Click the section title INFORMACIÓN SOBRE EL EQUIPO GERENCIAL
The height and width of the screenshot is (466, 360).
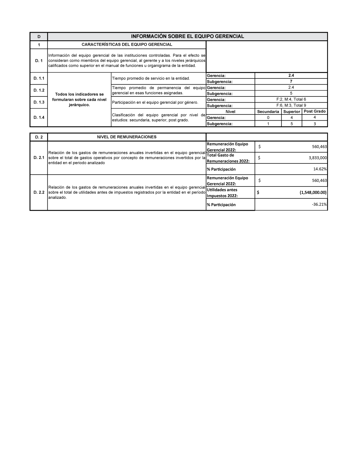[x=187, y=36]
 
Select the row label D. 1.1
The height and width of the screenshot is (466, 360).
[x=39, y=78]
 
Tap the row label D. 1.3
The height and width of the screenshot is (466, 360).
[x=39, y=102]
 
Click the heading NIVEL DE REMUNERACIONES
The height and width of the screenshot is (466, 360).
[x=127, y=137]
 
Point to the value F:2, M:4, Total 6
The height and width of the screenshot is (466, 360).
[x=291, y=99]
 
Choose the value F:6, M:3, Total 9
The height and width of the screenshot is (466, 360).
[x=291, y=106]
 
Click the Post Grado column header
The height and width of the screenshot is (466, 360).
[x=315, y=111]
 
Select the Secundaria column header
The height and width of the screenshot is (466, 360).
[x=268, y=112]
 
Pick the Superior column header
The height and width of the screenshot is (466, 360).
[x=292, y=112]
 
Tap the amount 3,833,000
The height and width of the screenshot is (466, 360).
[x=318, y=158]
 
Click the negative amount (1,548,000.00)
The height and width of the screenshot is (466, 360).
[x=313, y=192]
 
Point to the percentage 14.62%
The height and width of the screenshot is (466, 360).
[x=320, y=169]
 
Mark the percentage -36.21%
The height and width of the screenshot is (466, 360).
[x=319, y=205]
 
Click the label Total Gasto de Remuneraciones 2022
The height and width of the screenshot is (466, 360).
[x=228, y=158]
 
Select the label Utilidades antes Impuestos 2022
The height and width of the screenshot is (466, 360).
[x=222, y=193]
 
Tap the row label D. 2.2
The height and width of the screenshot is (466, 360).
[x=39, y=192]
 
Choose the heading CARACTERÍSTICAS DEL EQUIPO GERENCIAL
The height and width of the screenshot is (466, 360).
[x=127, y=45]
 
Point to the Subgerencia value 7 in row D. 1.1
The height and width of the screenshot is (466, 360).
[x=291, y=81]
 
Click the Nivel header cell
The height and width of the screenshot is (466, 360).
[x=230, y=112]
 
